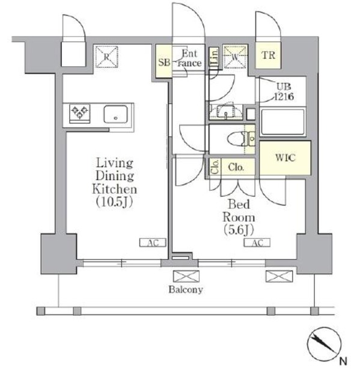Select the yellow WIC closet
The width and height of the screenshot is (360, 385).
(x=284, y=158)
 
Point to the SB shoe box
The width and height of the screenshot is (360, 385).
(x=164, y=61)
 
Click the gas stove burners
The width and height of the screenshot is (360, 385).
(x=80, y=112)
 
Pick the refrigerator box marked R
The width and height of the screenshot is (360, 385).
(x=106, y=57)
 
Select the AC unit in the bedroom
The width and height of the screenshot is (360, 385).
(x=257, y=243)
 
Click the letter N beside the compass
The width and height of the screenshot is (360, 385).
(x=343, y=362)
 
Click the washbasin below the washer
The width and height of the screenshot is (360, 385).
(x=225, y=111)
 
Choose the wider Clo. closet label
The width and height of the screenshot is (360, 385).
(x=236, y=167)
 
